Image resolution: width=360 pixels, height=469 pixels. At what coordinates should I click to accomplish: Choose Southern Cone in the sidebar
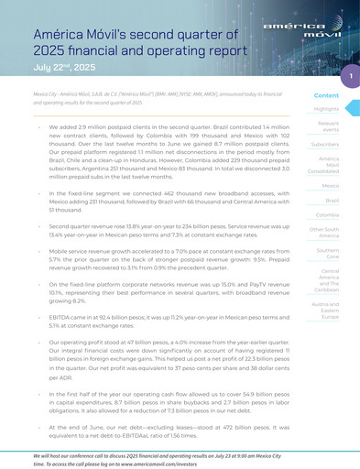point(327,253)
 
